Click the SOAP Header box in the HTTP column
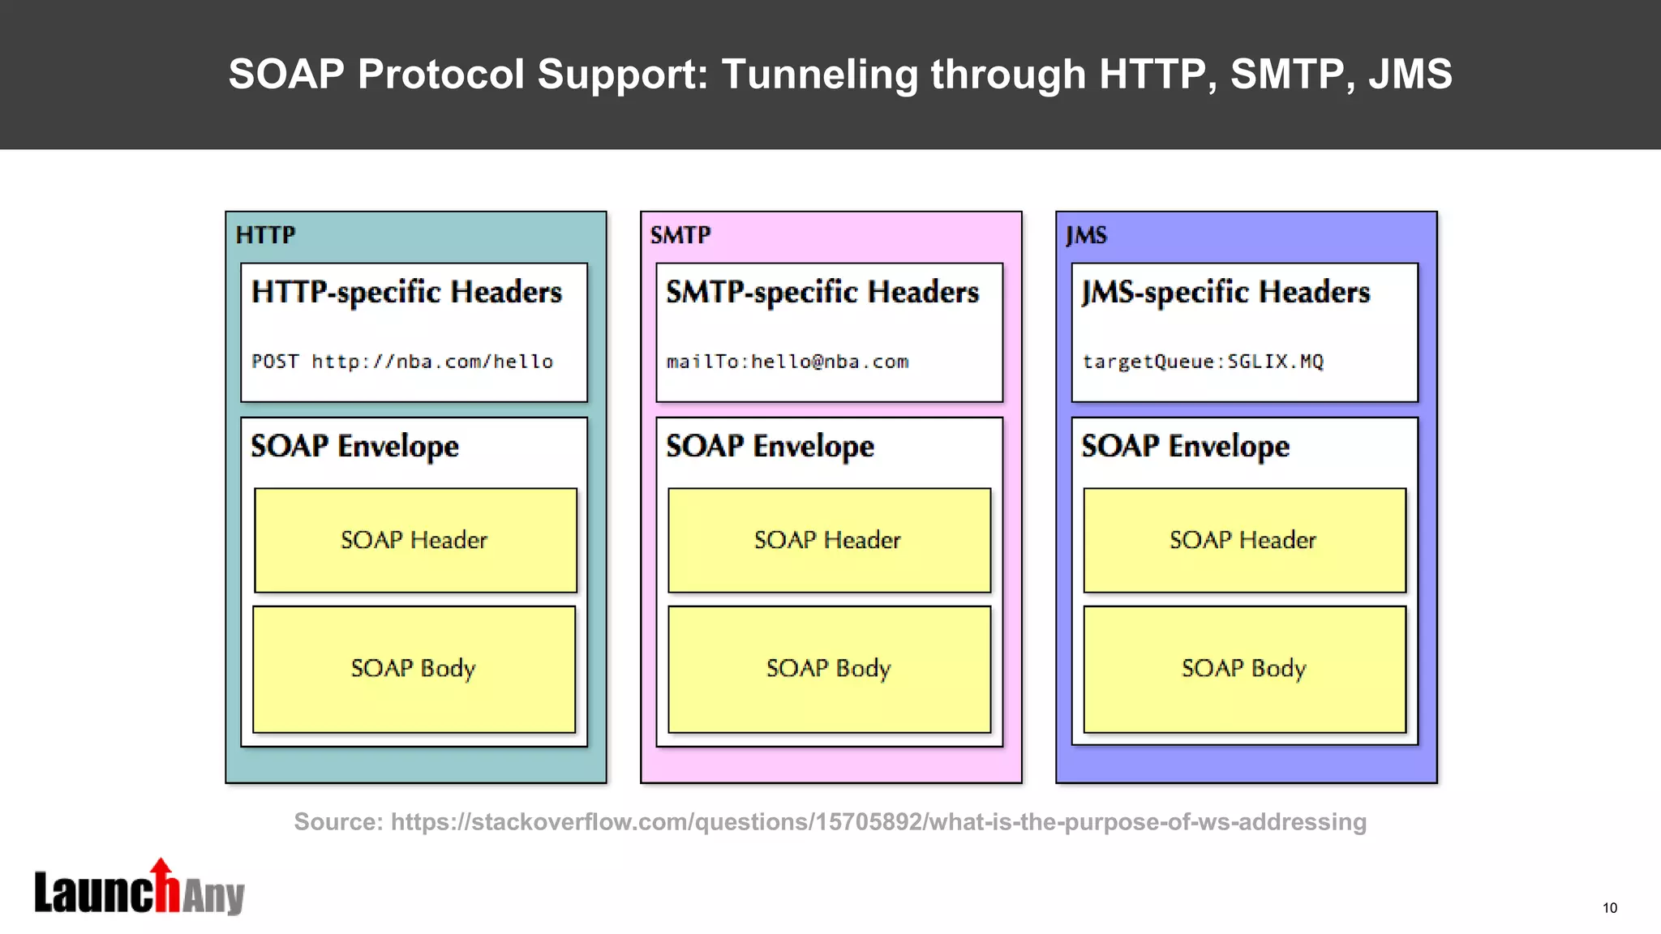(415, 540)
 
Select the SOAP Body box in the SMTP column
(829, 669)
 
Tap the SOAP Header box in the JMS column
(1244, 540)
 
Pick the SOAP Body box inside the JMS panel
(1244, 669)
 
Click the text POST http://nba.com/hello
(402, 362)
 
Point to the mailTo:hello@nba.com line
(788, 362)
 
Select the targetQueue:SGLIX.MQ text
(1203, 362)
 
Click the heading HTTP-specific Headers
(406, 292)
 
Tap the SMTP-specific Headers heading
(822, 292)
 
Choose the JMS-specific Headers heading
(1225, 292)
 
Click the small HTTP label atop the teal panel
(265, 235)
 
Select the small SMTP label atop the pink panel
(680, 235)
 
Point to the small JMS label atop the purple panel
(1086, 235)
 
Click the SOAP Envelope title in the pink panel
(770, 446)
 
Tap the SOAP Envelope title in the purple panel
(1185, 446)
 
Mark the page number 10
(1609, 908)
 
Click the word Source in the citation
(337, 822)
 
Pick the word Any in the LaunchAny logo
(212, 897)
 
